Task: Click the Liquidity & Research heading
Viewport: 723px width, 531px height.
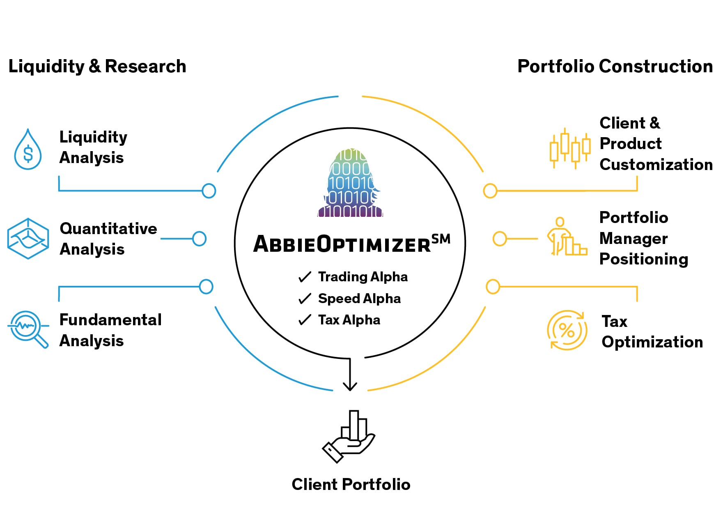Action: [x=97, y=66]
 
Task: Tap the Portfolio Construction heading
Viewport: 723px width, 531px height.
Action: [x=615, y=66]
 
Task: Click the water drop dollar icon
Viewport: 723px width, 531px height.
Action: [x=28, y=150]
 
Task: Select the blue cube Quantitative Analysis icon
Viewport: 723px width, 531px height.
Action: [x=28, y=239]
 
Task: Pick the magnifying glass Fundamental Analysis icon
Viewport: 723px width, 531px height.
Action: [x=28, y=329]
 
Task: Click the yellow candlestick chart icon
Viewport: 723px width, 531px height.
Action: [x=570, y=148]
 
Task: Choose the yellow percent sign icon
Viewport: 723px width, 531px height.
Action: [x=567, y=330]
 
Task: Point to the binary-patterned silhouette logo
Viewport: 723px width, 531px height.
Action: [x=350, y=183]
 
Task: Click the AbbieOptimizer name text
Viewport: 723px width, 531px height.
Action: [x=342, y=244]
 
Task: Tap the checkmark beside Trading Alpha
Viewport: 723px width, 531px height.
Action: [x=305, y=277]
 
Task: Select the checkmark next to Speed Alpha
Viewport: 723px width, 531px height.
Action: [x=305, y=299]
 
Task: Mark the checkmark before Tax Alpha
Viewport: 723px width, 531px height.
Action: [x=305, y=320]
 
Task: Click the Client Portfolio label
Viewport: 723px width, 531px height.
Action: [x=351, y=485]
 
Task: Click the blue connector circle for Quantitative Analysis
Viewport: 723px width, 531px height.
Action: [x=199, y=239]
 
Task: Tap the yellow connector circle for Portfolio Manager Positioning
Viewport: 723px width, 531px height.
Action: [x=500, y=239]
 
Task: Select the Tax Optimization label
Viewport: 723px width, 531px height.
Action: [x=652, y=331]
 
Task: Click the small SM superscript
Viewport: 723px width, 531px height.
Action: [x=441, y=239]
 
